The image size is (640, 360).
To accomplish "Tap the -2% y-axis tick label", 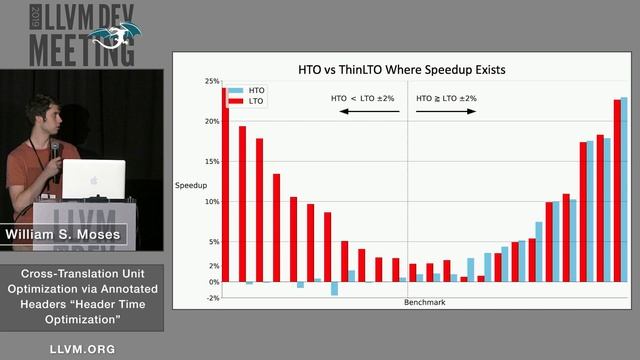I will tap(213, 298).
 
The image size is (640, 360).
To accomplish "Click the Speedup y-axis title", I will tap(190, 186).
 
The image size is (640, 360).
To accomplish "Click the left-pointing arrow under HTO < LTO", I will tap(364, 111).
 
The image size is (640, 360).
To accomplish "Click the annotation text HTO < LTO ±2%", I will tap(363, 98).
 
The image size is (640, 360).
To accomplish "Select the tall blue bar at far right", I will tap(625, 190).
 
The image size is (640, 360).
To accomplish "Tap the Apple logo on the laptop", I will tap(94, 180).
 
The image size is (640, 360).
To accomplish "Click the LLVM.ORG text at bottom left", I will tap(82, 349).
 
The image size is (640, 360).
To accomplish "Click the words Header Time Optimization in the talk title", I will tap(82, 311).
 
